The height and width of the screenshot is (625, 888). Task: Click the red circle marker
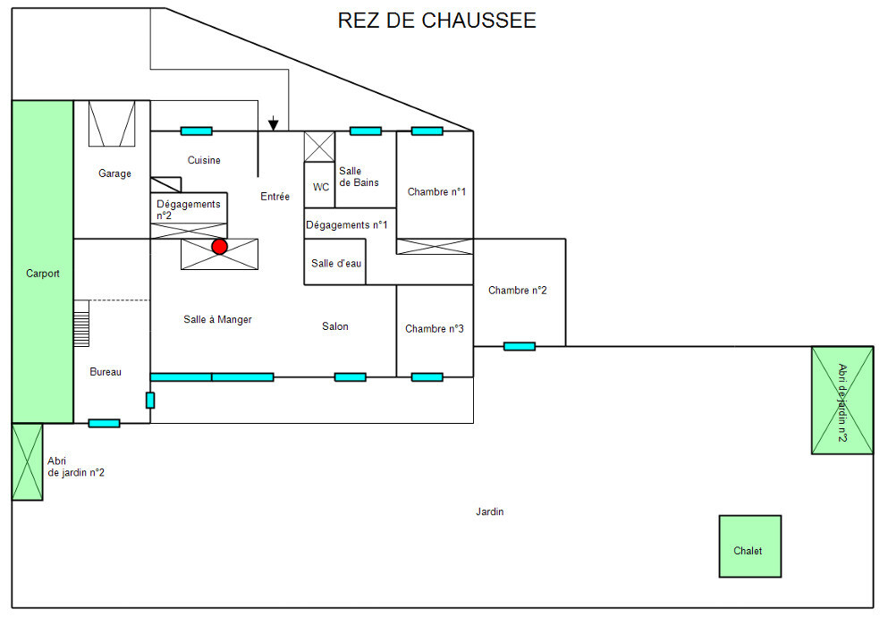(x=219, y=246)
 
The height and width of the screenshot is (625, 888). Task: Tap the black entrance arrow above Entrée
(x=274, y=124)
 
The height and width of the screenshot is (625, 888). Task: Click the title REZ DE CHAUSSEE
(x=436, y=21)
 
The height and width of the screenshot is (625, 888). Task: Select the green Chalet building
(x=749, y=546)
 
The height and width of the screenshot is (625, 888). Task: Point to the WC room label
(x=320, y=187)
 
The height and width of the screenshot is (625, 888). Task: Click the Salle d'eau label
(x=336, y=264)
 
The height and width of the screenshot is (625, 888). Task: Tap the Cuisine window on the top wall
(x=196, y=131)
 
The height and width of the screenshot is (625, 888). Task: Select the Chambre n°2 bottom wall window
(x=519, y=346)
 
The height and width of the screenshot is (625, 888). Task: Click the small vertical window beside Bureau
(x=149, y=400)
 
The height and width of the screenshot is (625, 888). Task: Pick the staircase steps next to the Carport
(x=81, y=324)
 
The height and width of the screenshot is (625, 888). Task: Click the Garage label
(x=114, y=173)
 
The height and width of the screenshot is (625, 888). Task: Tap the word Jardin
(x=490, y=512)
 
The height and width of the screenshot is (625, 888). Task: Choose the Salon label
(x=335, y=326)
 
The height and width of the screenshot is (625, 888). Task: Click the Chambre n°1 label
(x=436, y=191)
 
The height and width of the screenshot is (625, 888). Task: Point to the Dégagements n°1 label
(x=346, y=224)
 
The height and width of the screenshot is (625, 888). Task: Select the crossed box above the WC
(x=319, y=146)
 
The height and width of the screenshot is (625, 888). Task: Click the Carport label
(x=42, y=274)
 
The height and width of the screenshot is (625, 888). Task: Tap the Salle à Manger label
(x=217, y=319)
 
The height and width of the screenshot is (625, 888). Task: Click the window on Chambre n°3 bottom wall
(x=427, y=377)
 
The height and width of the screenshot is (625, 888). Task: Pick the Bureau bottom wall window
(x=104, y=423)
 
